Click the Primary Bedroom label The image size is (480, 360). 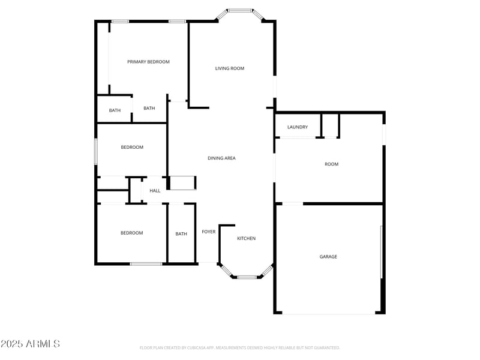[x=148, y=62]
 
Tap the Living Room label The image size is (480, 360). [x=230, y=68]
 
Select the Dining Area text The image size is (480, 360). [x=221, y=158]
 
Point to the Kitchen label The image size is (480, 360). [x=246, y=239]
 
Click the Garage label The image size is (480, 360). [x=328, y=257]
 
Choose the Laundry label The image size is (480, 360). [x=298, y=127]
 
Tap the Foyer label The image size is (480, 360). [x=208, y=232]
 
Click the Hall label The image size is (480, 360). [x=155, y=191]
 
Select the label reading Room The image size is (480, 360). [x=331, y=164]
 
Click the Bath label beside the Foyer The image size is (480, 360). [x=181, y=234]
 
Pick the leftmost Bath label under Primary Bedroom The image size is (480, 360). [x=115, y=110]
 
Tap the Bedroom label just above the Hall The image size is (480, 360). [x=132, y=147]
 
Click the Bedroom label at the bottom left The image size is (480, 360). [x=131, y=233]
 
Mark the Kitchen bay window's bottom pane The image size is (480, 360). [x=247, y=277]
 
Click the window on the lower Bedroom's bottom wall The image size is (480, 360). [x=146, y=263]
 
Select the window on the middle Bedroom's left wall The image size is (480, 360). [x=96, y=151]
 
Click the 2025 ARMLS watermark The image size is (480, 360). [x=30, y=344]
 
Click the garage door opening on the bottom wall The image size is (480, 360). [x=329, y=313]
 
